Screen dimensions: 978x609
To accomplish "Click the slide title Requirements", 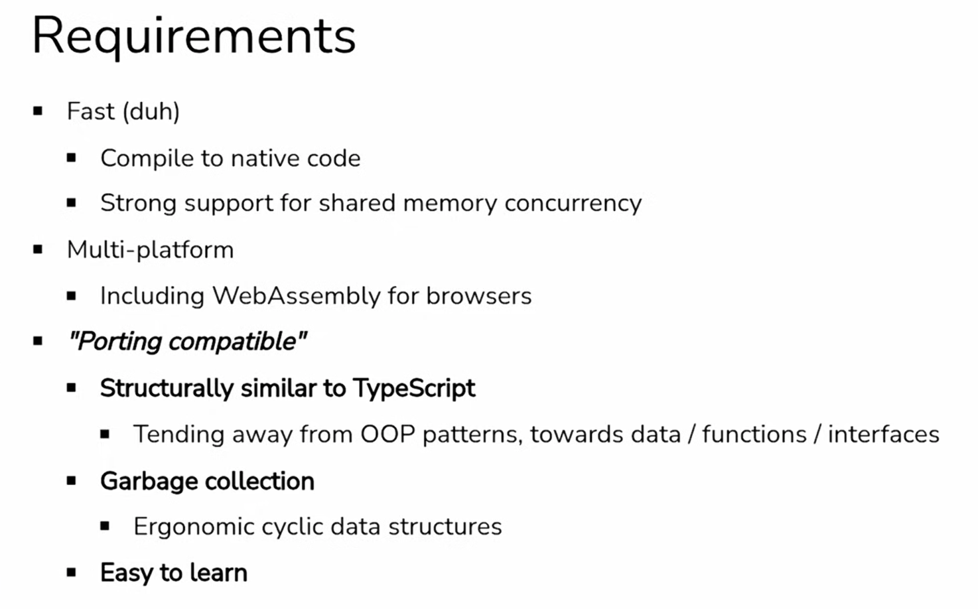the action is click(x=194, y=37).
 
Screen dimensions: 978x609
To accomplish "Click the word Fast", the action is click(x=91, y=111).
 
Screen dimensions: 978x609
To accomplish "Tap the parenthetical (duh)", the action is click(x=151, y=111).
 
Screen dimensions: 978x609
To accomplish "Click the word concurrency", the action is click(x=573, y=204).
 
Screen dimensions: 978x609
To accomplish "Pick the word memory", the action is click(x=450, y=204).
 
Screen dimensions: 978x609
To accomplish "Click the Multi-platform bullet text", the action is click(x=150, y=250).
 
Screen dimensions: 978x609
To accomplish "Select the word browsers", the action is click(x=479, y=296).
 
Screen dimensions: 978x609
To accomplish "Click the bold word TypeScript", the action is click(x=414, y=388).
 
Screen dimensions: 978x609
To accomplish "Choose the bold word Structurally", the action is click(x=167, y=388).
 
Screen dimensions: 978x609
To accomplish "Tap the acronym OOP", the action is click(x=387, y=435).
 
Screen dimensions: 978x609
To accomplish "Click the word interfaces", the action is click(x=884, y=435).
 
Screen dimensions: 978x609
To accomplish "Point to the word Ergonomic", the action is click(x=194, y=527).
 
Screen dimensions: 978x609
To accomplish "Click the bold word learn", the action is click(x=218, y=573).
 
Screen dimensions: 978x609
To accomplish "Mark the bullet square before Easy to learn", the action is click(x=72, y=573).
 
